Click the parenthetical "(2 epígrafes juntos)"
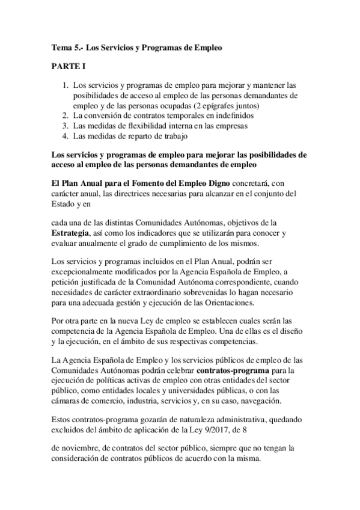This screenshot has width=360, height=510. coord(218,105)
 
